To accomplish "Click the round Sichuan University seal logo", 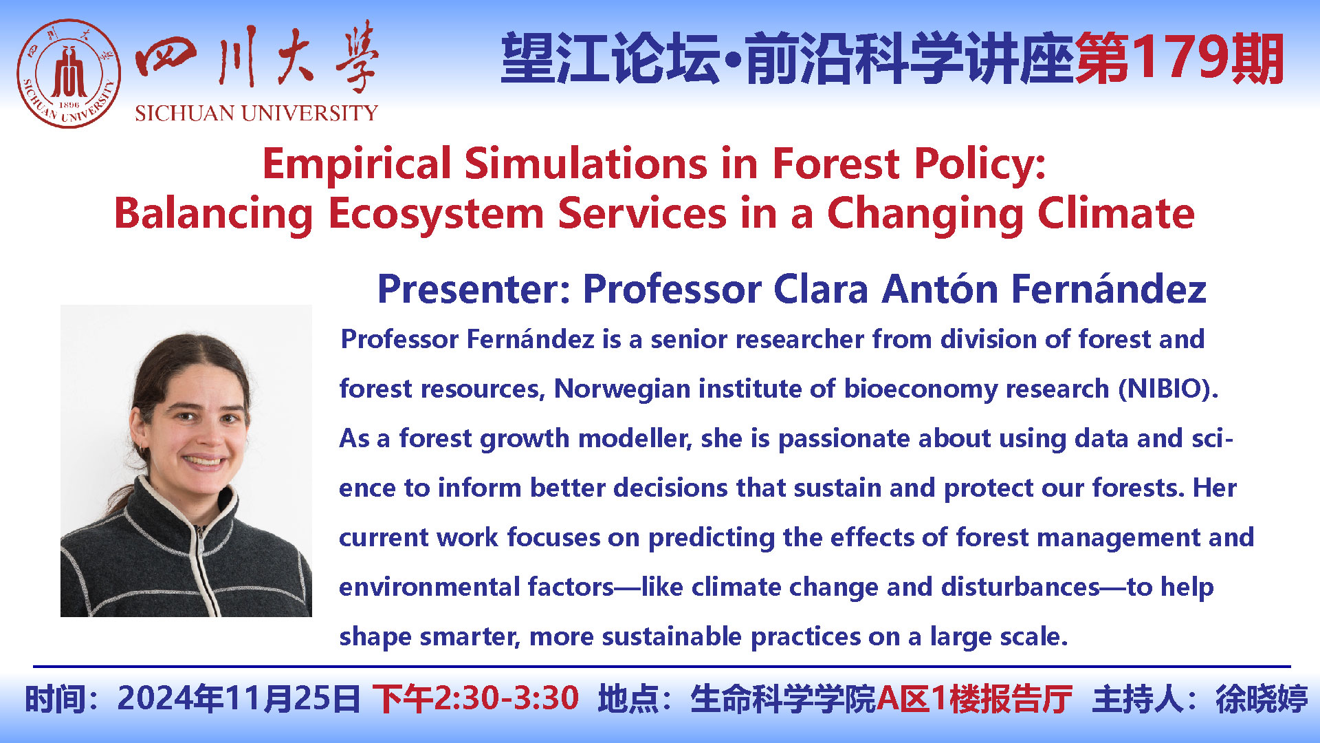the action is point(69,74).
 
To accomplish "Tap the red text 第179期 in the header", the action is point(1180,59).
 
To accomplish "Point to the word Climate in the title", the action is point(1116,213).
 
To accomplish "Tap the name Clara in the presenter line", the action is point(821,289).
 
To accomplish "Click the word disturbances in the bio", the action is point(1021,587).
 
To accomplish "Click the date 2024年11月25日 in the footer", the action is point(239,699).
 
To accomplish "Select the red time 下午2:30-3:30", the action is point(476,699).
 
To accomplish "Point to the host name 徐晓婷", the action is point(1262,699).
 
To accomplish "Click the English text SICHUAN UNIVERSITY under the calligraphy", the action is point(256,113).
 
